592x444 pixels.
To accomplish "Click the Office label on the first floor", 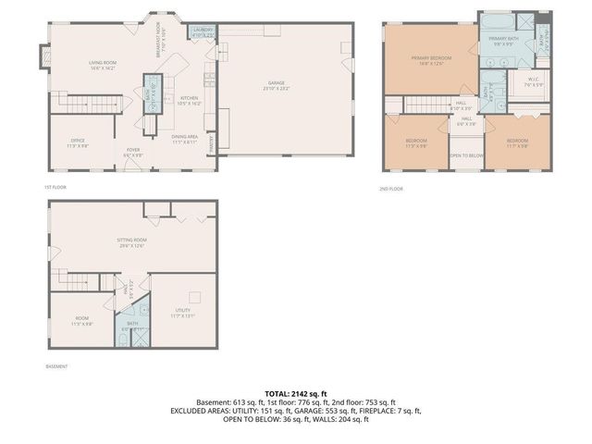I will [x=77, y=143].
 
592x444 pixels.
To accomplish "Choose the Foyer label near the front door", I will [x=133, y=152].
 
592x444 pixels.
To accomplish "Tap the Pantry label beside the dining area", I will [x=214, y=145].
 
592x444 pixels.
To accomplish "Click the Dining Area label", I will [x=184, y=139].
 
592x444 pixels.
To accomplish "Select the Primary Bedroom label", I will [x=431, y=61].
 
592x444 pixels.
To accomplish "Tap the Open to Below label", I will [x=466, y=155].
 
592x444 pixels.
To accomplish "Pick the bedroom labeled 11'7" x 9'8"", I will [x=516, y=143].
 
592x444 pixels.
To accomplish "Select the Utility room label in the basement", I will [x=182, y=313].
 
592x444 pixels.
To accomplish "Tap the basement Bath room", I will [x=132, y=328].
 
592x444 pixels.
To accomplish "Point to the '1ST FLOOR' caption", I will [x=55, y=187].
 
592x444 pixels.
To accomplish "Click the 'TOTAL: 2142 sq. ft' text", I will [x=296, y=393].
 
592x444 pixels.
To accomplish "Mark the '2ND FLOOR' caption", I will [x=390, y=189].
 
